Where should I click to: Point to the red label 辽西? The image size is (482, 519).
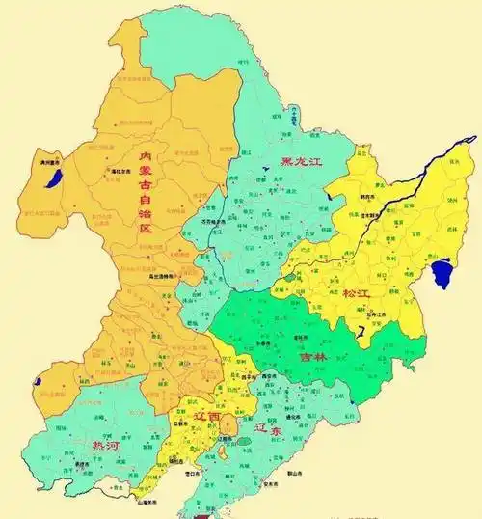tap(207, 416)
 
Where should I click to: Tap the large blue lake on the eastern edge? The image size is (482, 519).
tap(442, 274)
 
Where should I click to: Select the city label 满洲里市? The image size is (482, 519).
tap(50, 163)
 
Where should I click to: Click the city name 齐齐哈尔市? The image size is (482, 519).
tap(214, 221)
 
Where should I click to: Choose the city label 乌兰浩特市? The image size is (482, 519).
tap(165, 276)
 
